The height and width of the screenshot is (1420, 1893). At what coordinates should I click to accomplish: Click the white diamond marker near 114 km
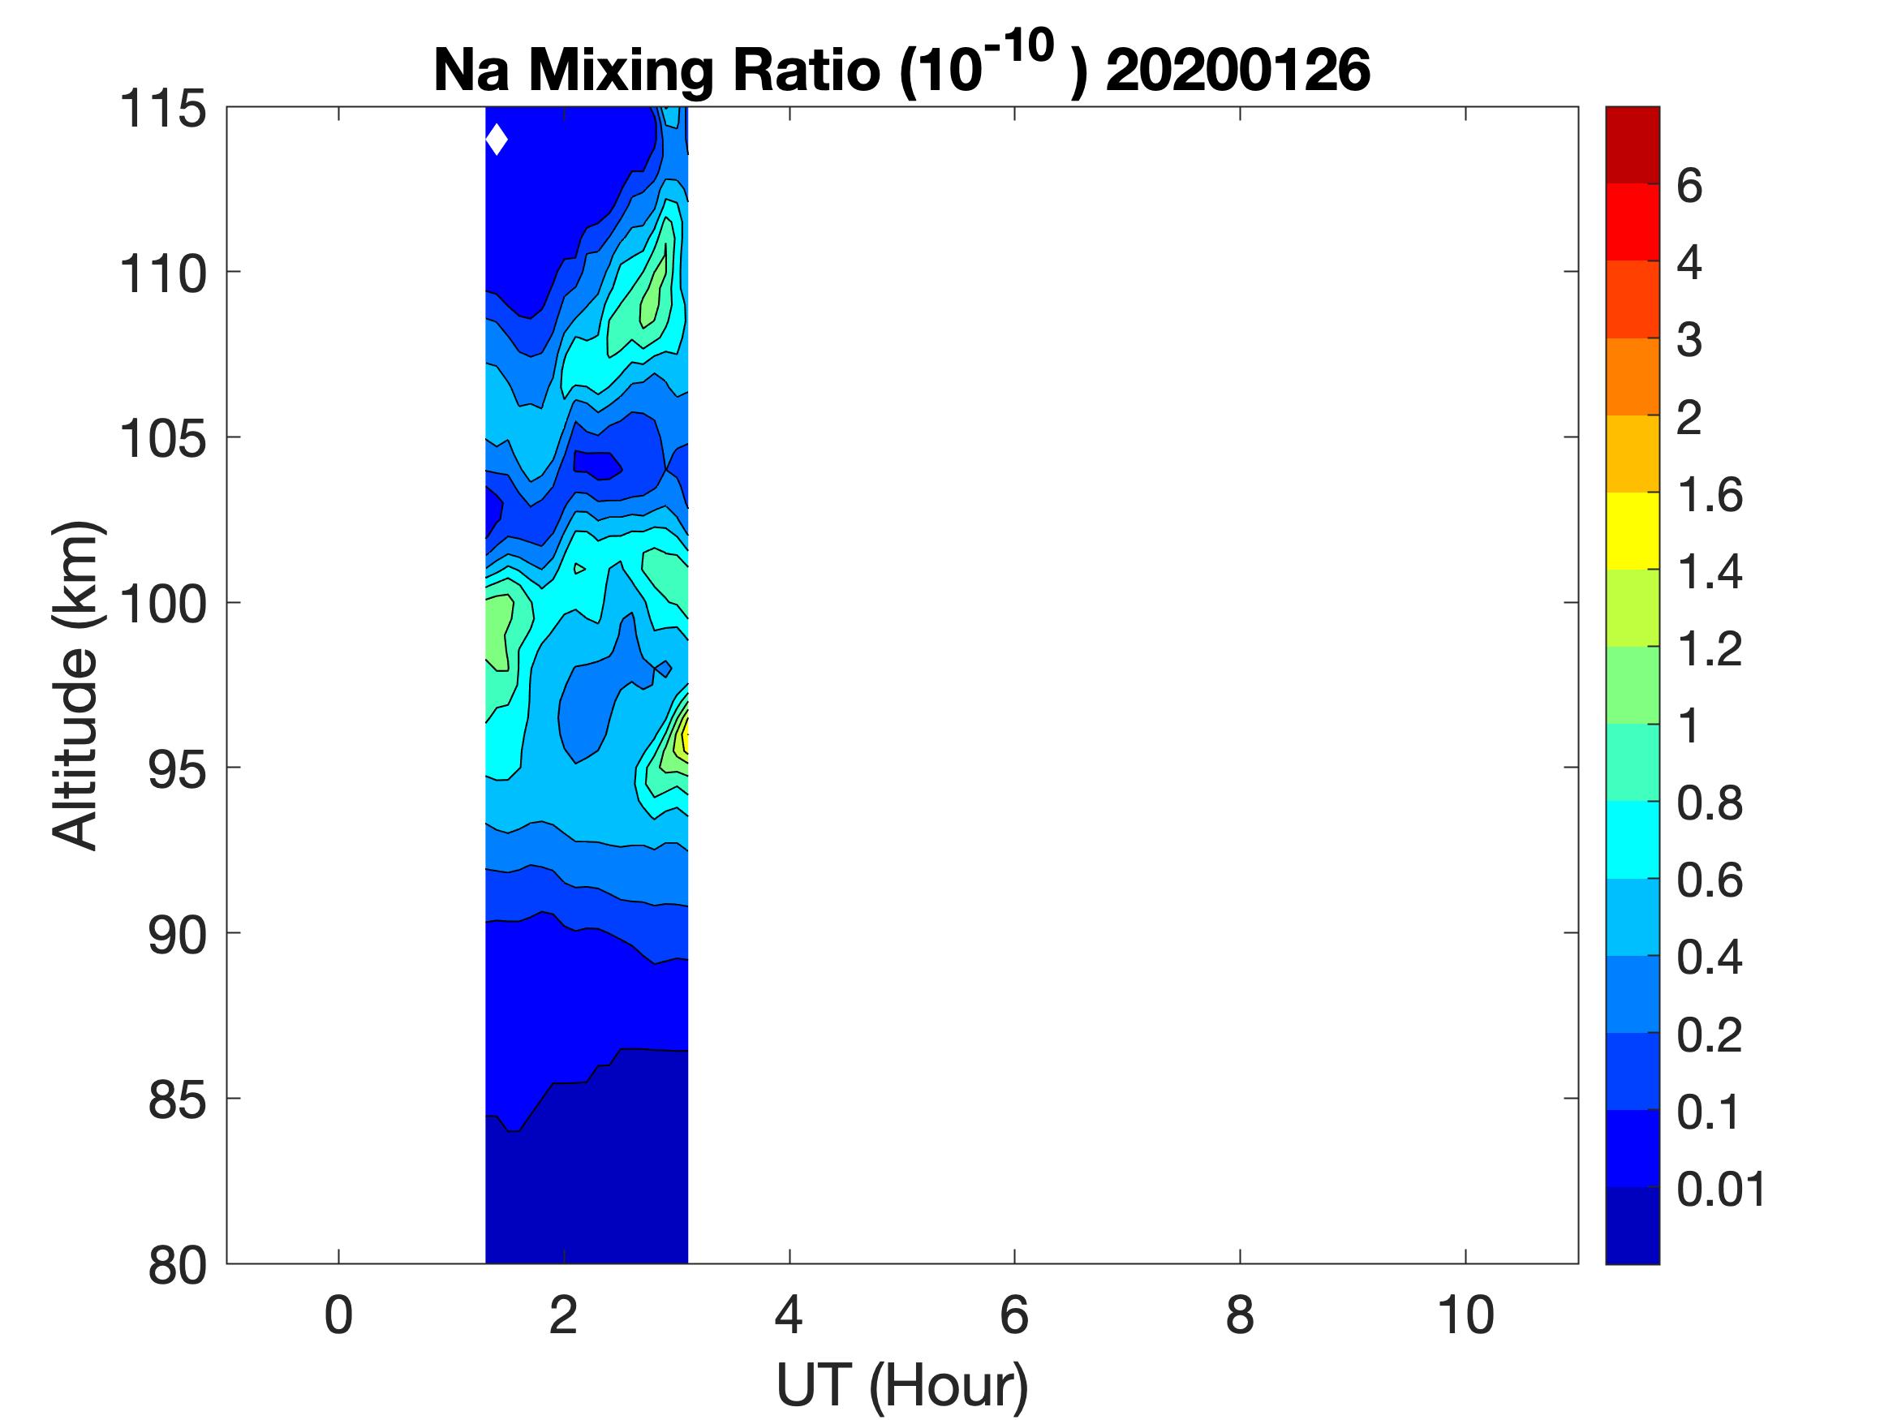497,140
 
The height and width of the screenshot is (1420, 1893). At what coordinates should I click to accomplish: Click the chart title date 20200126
1237,69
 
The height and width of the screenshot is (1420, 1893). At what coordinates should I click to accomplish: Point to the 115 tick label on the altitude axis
162,110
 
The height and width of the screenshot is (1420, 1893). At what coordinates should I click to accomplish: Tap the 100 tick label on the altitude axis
162,605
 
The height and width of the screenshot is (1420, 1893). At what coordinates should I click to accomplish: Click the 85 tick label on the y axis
177,1099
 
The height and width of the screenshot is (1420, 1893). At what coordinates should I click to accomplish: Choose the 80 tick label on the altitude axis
177,1265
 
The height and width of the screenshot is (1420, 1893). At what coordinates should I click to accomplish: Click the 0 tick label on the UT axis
338,1315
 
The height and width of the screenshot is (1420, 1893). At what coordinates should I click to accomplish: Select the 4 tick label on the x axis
788,1315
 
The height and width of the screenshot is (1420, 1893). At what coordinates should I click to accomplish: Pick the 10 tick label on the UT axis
1465,1315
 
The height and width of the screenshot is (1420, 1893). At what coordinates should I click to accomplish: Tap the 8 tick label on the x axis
1239,1315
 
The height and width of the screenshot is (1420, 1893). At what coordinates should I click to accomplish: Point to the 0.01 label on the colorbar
1721,1189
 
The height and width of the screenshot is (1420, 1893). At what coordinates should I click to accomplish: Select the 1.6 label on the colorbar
1709,495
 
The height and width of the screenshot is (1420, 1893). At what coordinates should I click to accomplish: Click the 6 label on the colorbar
1689,186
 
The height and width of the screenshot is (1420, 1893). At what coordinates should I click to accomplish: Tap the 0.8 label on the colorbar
1709,804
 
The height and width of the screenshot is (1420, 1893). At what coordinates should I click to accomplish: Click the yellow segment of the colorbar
1632,531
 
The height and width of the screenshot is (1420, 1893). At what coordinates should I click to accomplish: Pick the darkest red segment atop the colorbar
1632,144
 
